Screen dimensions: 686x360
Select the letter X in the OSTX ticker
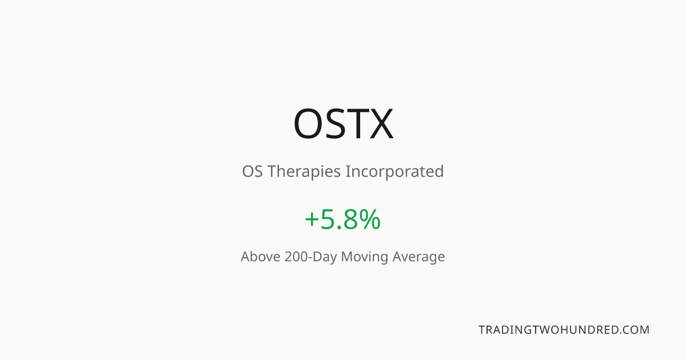coord(382,123)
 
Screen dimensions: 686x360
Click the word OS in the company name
coord(252,171)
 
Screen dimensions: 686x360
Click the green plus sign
coord(312,219)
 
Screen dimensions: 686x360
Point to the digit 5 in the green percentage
coord(327,219)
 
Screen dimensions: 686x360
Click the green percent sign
coord(370,219)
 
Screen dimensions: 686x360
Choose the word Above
coord(261,257)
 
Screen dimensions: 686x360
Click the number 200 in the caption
coord(296,257)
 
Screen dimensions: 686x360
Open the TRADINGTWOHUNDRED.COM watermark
coord(564,330)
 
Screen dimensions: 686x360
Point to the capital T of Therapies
coord(273,171)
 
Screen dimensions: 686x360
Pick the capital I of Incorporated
coord(348,171)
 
